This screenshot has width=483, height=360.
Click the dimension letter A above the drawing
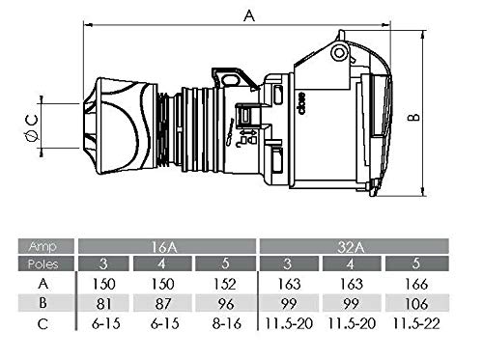pyautogui.click(x=249, y=15)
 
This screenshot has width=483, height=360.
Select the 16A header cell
pyautogui.click(x=167, y=246)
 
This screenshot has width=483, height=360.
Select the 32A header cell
pyautogui.click(x=355, y=246)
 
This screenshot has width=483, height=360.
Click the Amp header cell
pyautogui.click(x=45, y=246)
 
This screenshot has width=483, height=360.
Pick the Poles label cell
pyautogui.click(x=45, y=263)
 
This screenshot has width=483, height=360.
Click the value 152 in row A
pyautogui.click(x=225, y=284)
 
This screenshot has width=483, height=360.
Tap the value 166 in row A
pyautogui.click(x=416, y=284)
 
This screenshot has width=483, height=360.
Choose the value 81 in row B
pyautogui.click(x=103, y=304)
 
